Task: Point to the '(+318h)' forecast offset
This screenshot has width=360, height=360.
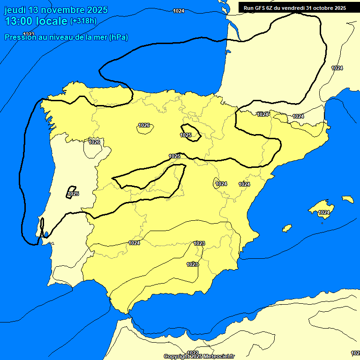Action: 83,21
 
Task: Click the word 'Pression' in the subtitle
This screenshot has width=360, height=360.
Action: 21,37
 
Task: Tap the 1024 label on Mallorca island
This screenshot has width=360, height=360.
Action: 324,213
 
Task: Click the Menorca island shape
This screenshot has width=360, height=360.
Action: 348,199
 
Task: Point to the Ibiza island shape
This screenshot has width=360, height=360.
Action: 286,228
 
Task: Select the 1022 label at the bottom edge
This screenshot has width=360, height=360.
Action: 193,353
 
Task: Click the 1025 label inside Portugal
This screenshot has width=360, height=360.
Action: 73,194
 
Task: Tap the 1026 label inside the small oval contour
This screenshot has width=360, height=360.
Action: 144,125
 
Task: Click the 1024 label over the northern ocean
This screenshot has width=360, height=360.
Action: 179,11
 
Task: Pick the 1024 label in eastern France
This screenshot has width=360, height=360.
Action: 337,68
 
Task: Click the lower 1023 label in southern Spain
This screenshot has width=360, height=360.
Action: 192,264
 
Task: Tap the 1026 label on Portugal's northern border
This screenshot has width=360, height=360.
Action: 94,142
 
